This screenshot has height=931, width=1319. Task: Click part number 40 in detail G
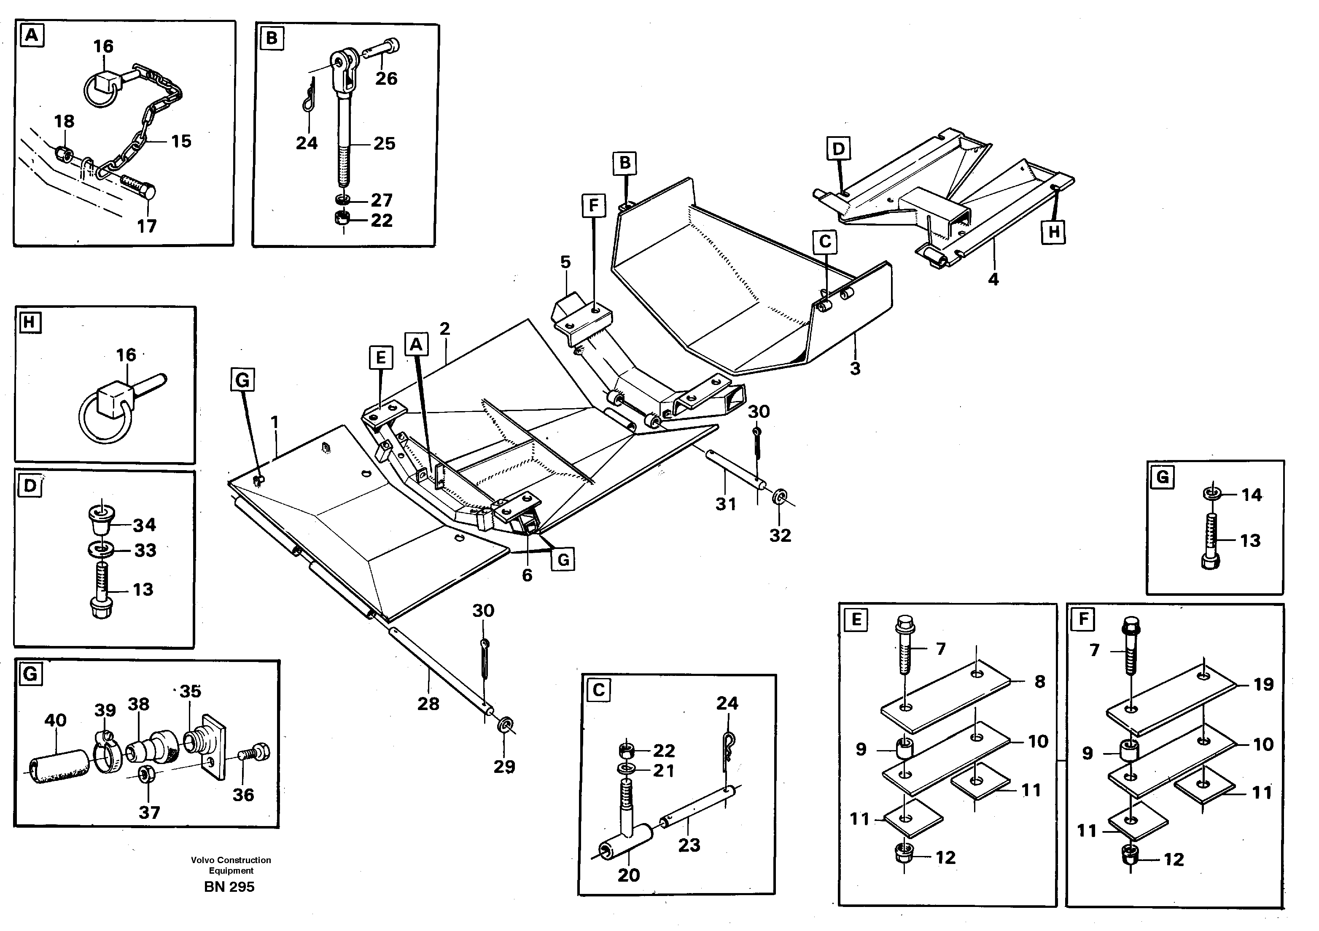click(55, 720)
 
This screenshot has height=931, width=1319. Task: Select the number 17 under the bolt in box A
click(146, 226)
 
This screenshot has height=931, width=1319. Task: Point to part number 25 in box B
click(384, 144)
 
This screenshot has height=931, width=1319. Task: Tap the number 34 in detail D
click(144, 525)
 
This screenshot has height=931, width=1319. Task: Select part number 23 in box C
click(689, 845)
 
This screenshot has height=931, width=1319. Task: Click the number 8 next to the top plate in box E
click(1040, 682)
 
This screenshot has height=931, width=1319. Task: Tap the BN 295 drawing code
click(229, 887)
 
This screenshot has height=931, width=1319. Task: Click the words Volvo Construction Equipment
click(231, 865)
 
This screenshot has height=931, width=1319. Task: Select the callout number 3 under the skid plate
click(855, 369)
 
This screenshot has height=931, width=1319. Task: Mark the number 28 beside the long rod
click(428, 704)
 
